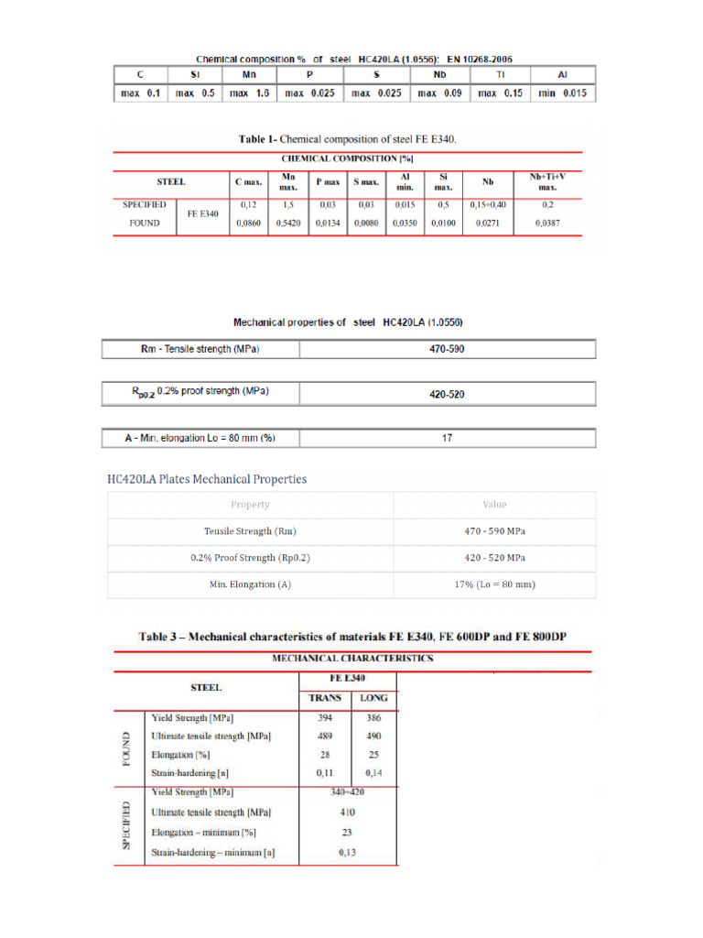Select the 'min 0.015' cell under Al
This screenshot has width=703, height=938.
click(562, 93)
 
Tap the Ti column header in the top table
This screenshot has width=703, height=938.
click(500, 75)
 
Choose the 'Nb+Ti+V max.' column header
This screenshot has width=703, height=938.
click(547, 180)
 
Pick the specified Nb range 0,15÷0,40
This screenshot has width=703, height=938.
click(487, 205)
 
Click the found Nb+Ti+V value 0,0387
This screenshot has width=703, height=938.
click(547, 223)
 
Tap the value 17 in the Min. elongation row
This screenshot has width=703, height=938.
click(447, 439)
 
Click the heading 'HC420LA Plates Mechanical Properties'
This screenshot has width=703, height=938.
click(207, 478)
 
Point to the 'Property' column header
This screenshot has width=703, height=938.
click(250, 505)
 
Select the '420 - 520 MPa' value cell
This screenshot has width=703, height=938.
click(494, 558)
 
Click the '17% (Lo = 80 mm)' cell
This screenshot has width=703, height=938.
click(494, 584)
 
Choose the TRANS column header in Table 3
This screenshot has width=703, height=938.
click(325, 698)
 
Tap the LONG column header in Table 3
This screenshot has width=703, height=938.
click(373, 698)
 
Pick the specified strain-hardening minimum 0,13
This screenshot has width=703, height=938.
click(347, 853)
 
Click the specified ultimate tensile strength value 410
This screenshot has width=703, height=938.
click(347, 812)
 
